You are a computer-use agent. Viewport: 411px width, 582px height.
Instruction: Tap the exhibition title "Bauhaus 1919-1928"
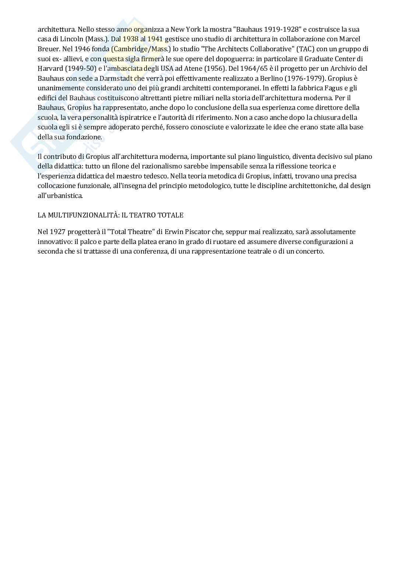[267, 29]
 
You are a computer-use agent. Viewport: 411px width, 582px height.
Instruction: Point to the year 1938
[131, 39]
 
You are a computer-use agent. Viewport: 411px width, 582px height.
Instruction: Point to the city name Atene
[192, 69]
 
